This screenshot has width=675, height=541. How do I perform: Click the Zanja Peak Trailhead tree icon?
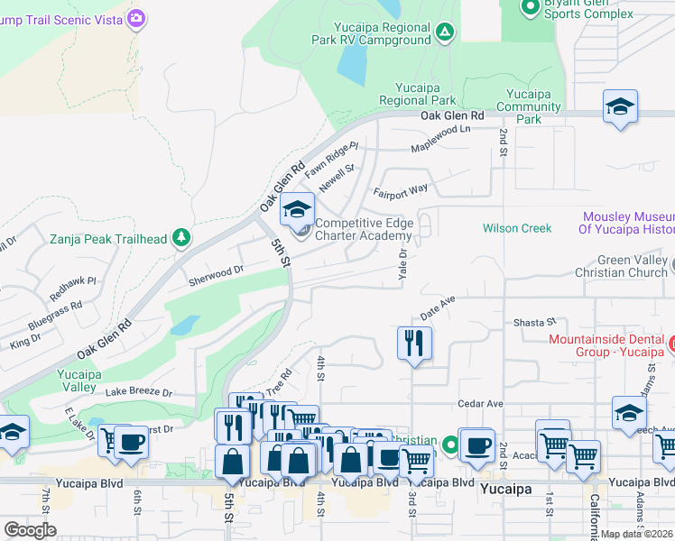[x=182, y=238]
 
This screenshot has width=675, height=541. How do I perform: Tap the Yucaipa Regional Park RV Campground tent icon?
[x=444, y=33]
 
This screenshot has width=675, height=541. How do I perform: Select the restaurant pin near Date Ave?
[x=415, y=344]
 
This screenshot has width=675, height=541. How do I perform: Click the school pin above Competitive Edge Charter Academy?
[x=297, y=211]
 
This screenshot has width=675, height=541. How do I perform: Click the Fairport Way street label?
[x=401, y=190]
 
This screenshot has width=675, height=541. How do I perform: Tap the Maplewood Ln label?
[x=440, y=138]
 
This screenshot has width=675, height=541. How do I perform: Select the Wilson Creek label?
[x=517, y=228]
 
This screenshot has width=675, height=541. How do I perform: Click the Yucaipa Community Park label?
[x=534, y=106]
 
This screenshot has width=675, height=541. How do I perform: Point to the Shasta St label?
[x=535, y=322]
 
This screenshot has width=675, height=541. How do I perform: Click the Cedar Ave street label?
[x=480, y=404]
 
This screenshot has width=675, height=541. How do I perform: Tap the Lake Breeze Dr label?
[x=138, y=392]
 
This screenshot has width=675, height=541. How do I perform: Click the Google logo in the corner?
[x=31, y=529]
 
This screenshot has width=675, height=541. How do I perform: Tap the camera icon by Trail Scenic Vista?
[x=136, y=18]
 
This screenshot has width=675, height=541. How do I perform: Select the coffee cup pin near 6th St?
[x=132, y=443]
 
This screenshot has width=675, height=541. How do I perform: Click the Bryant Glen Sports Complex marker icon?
[x=530, y=7]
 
